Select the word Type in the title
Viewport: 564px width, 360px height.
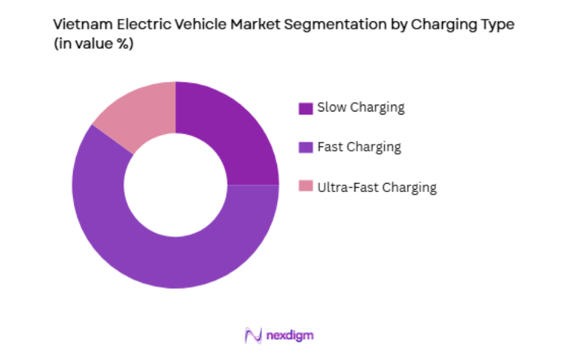[486, 24]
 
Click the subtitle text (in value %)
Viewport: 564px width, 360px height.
[93, 44]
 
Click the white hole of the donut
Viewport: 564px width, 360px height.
[175, 185]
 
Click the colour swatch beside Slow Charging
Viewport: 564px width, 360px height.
[305, 108]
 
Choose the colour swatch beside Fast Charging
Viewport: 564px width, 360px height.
[305, 148]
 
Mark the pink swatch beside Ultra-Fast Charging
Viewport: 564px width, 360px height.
[305, 188]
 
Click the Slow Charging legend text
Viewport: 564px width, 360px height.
[361, 108]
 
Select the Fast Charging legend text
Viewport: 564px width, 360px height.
[359, 147]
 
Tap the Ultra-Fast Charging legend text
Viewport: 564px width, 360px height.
[377, 188]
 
